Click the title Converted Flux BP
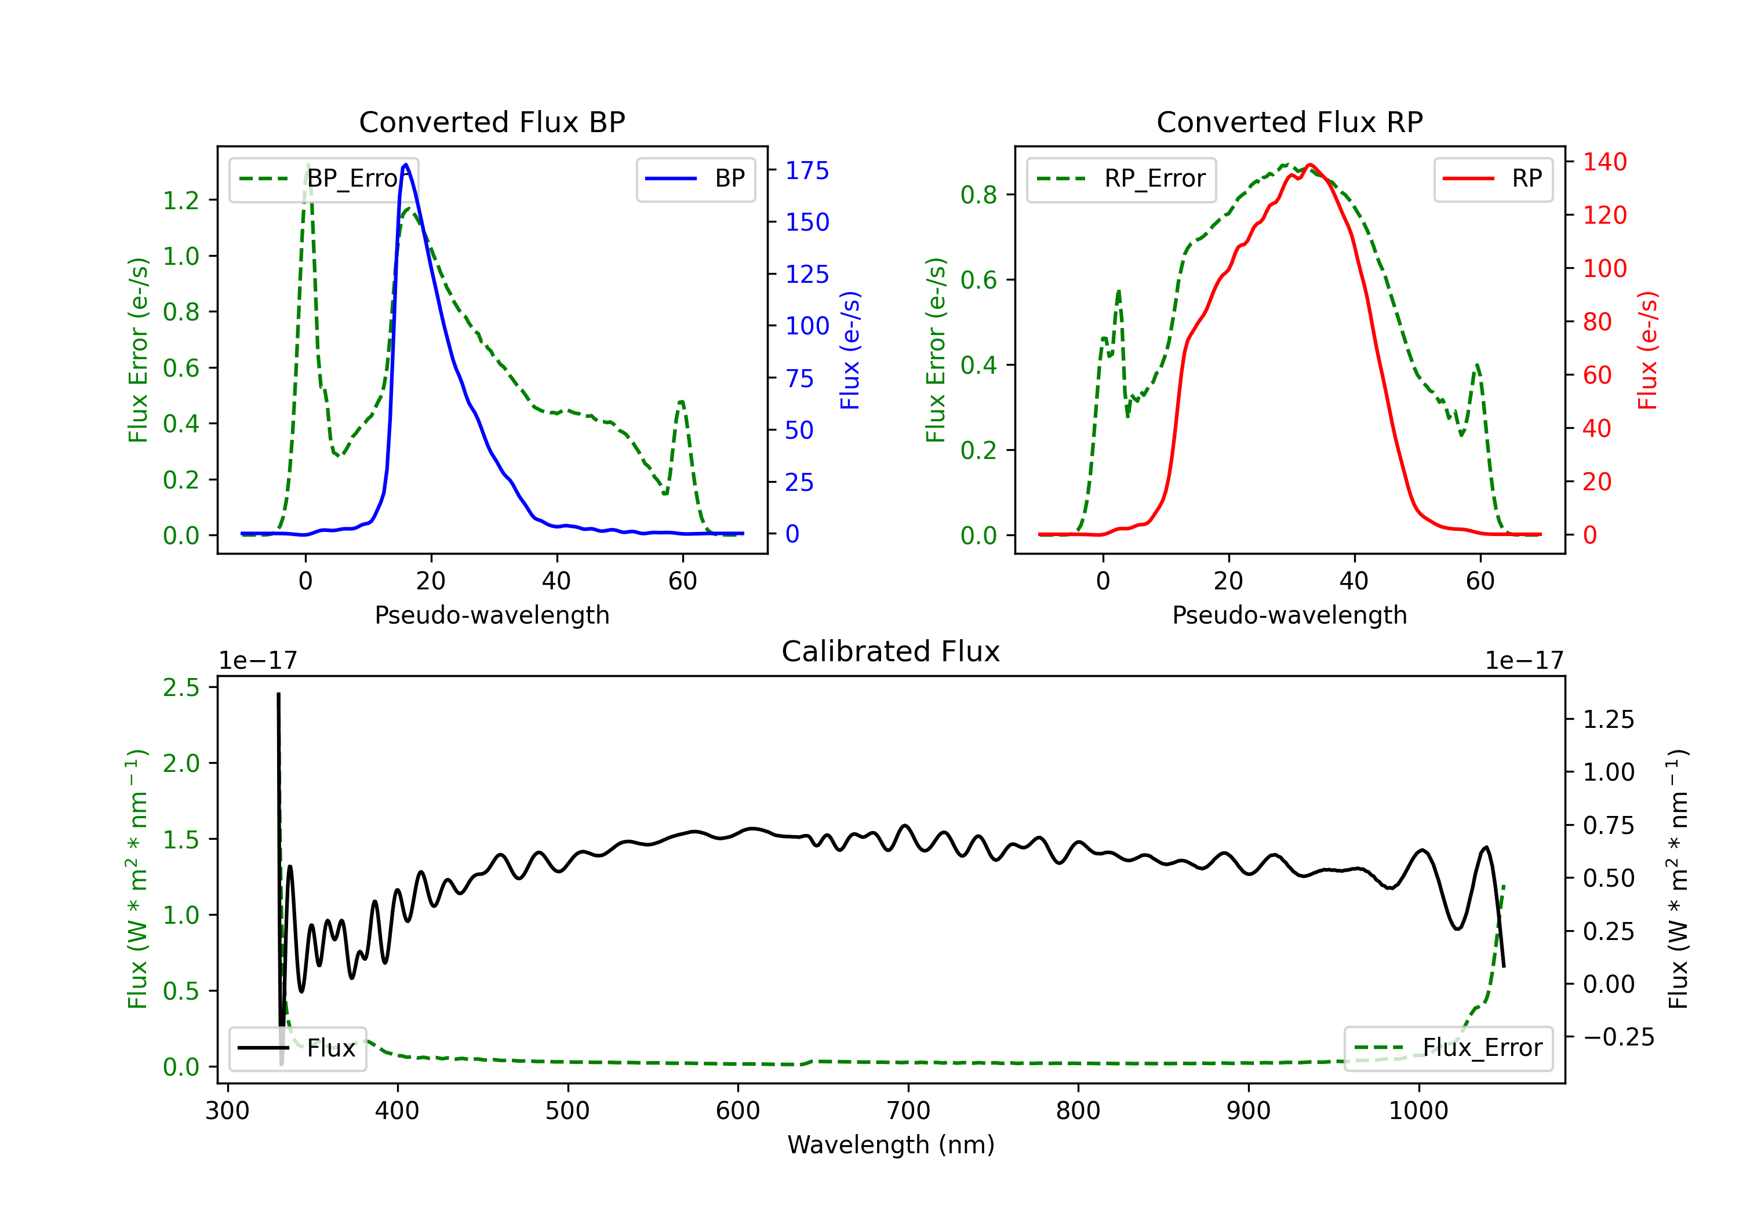coord(492,122)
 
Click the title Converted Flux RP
coord(1289,122)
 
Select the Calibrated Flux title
coord(891,651)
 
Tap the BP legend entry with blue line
coord(695,178)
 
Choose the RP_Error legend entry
coord(1121,178)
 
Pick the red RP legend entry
coord(1493,178)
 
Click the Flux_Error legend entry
coord(1448,1048)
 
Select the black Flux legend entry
coord(297,1048)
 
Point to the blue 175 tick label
coord(807,170)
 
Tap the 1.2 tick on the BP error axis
coord(181,200)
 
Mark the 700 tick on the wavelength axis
coord(908,1111)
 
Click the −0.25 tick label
coord(1618,1037)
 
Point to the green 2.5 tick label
coord(181,688)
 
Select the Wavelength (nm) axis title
coord(891,1145)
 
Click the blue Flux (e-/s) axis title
coord(850,350)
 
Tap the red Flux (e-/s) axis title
coord(1647,350)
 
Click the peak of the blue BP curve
coord(406,165)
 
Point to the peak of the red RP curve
coord(1309,165)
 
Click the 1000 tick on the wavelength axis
coord(1418,1111)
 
